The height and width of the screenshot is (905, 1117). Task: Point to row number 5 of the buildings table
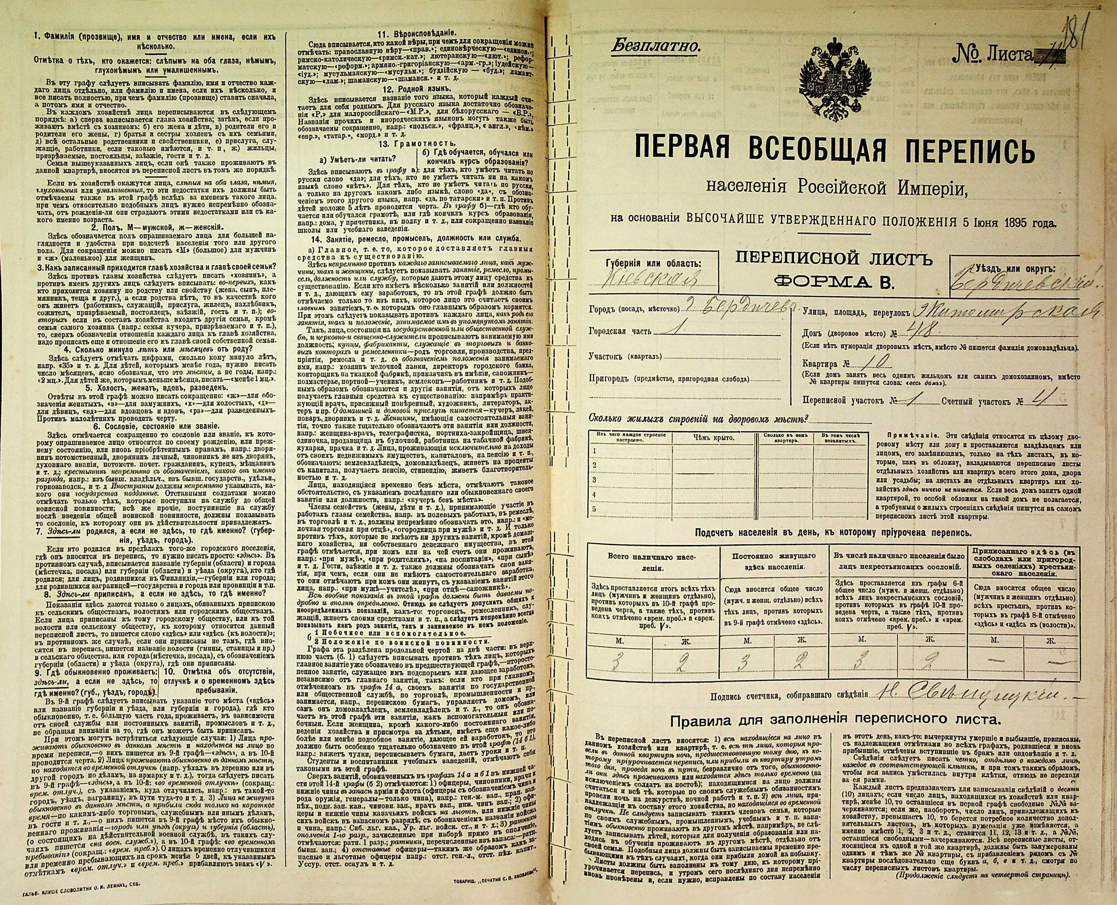tap(594, 508)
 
